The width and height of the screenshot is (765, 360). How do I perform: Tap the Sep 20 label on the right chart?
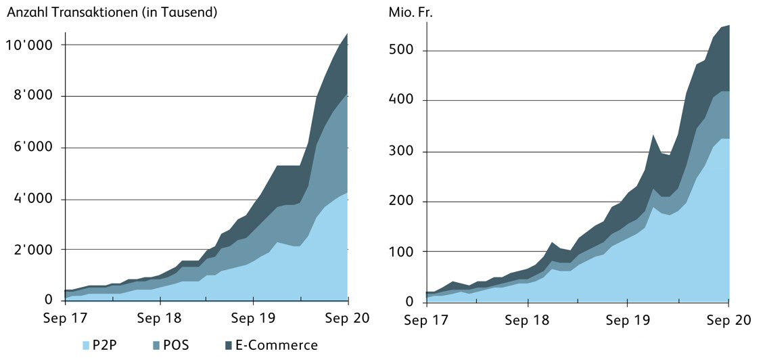(x=729, y=319)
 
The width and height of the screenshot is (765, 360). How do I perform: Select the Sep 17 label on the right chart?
(x=426, y=319)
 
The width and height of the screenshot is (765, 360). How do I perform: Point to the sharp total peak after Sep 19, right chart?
(x=653, y=135)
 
